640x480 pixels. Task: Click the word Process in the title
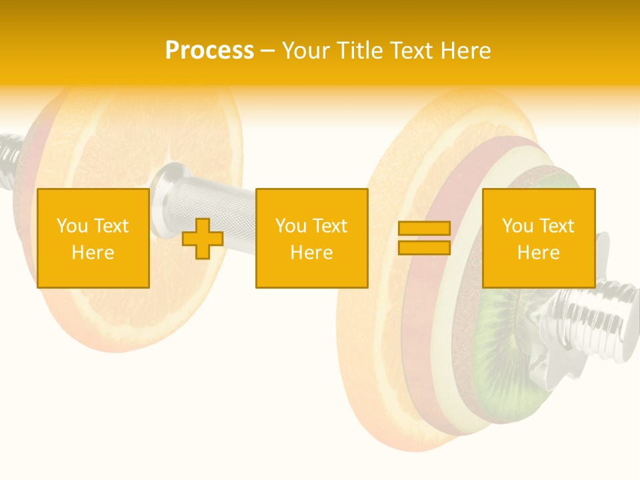[209, 50]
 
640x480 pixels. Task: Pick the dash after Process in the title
[267, 51]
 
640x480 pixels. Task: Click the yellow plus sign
[203, 238]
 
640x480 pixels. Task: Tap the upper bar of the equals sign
[424, 229]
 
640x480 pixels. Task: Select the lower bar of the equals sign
[424, 247]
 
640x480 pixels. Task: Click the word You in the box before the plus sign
[73, 226]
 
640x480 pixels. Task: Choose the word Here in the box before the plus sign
[93, 253]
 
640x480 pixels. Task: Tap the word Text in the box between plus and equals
[330, 226]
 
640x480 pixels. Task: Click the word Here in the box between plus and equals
[311, 253]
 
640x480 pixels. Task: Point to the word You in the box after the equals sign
[518, 226]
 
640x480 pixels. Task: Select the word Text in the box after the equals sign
[557, 226]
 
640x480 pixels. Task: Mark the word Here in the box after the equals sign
[538, 253]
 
